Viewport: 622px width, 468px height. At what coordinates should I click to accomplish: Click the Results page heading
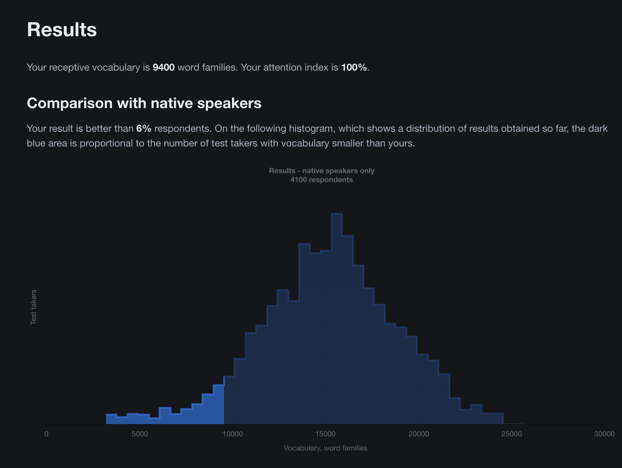(x=62, y=30)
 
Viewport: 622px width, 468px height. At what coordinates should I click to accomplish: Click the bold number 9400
(x=163, y=67)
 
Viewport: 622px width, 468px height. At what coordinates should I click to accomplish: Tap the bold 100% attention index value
(x=354, y=67)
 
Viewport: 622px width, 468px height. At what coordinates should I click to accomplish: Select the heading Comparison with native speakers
(x=144, y=103)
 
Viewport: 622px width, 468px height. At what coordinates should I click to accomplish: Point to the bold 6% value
(x=144, y=128)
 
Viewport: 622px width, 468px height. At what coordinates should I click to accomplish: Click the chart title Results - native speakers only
(x=321, y=171)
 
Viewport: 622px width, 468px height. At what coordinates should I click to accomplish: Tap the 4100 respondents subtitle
(x=321, y=180)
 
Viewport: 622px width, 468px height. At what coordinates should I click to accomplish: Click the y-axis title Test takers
(x=33, y=307)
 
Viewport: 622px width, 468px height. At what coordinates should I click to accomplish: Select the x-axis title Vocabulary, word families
(x=325, y=448)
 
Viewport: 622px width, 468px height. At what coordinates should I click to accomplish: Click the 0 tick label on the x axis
(x=46, y=434)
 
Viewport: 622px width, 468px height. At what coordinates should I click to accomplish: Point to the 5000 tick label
(x=140, y=434)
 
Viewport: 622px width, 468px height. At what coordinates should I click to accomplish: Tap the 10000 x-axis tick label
(x=233, y=434)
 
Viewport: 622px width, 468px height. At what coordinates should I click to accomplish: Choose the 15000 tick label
(x=326, y=434)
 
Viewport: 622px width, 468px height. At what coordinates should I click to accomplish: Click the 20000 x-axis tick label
(x=419, y=434)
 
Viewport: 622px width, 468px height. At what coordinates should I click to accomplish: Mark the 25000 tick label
(x=512, y=434)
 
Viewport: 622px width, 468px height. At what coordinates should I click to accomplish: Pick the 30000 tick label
(x=604, y=434)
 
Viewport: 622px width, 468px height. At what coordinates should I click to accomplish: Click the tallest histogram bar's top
(x=337, y=214)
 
